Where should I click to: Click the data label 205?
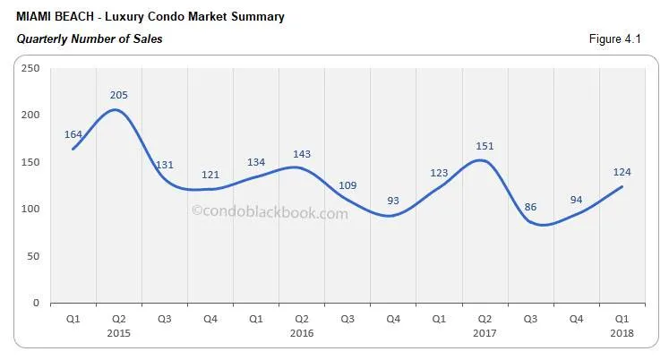[x=118, y=96]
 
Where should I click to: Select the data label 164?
[x=73, y=134]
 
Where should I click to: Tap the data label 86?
[x=530, y=207]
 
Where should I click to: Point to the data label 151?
[x=484, y=146]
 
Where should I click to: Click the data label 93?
[x=392, y=201]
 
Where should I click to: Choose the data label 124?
[x=622, y=171]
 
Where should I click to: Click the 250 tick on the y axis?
[x=31, y=68]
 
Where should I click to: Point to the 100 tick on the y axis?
[x=31, y=210]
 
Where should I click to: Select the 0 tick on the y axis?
[x=37, y=304]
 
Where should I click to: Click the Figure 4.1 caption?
[x=624, y=39]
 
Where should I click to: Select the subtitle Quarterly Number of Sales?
[x=89, y=39]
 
